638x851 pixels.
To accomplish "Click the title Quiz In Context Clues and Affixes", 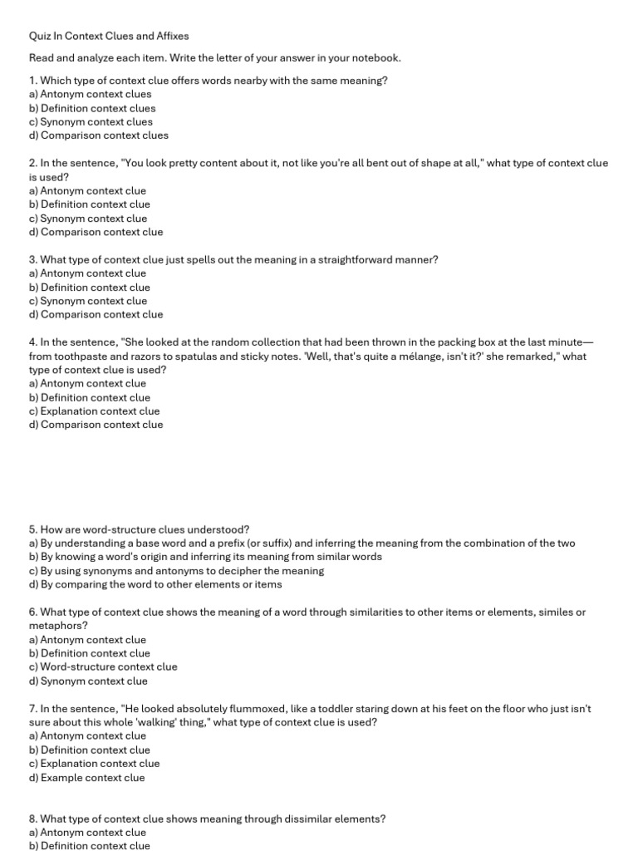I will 109,36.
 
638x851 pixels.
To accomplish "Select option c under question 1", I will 91,121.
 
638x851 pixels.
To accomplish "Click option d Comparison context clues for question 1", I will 98,135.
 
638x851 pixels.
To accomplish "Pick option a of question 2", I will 87,190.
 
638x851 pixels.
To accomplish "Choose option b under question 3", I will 89,287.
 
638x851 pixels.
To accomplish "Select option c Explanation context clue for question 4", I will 94,411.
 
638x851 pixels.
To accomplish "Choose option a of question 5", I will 302,543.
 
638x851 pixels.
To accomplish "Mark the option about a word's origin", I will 205,557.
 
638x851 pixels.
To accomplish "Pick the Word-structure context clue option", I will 103,667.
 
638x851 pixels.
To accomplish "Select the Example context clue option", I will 86,778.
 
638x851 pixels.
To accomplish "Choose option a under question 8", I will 87,832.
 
